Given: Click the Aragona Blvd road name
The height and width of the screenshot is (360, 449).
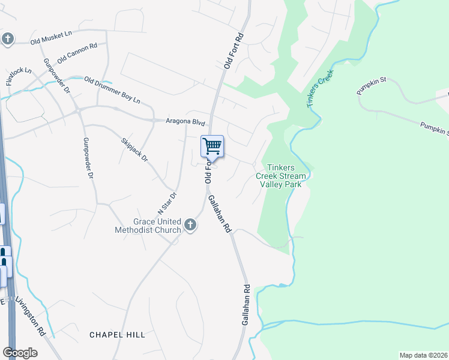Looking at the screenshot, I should click(x=185, y=121).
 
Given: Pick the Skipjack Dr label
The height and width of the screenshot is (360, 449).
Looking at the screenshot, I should click(x=134, y=150).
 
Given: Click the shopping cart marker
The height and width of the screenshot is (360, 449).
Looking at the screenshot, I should click(x=212, y=146).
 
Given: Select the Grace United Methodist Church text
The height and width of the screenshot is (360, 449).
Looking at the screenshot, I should click(x=148, y=226).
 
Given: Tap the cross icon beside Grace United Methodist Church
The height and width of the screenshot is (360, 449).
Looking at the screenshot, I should click(x=190, y=225).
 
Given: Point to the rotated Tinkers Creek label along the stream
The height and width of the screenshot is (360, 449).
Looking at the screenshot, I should click(x=319, y=88).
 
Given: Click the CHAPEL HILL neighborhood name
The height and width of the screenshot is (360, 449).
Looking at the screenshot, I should click(x=117, y=334).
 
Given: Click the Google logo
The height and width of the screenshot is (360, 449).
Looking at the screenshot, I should click(x=20, y=353).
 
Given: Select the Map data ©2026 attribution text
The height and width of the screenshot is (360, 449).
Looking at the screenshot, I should click(x=424, y=355).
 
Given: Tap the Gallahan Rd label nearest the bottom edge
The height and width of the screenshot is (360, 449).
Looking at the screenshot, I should click(x=246, y=305).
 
